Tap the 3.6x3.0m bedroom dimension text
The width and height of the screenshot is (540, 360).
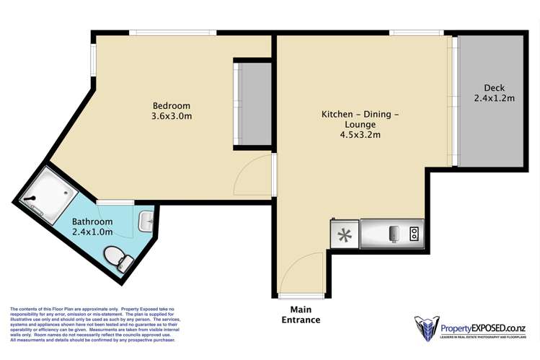point(171,116)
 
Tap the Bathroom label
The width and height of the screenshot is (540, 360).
point(92,221)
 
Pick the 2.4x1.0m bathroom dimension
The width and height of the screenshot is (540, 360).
point(92,232)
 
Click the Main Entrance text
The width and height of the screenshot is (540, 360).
point(301,315)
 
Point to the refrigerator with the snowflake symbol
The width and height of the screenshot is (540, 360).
point(344,234)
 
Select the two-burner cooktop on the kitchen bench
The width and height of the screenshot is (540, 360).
point(415,232)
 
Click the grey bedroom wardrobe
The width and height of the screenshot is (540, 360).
point(252,105)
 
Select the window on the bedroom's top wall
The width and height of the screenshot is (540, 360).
point(172,32)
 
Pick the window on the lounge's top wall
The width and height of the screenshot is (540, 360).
point(416,32)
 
